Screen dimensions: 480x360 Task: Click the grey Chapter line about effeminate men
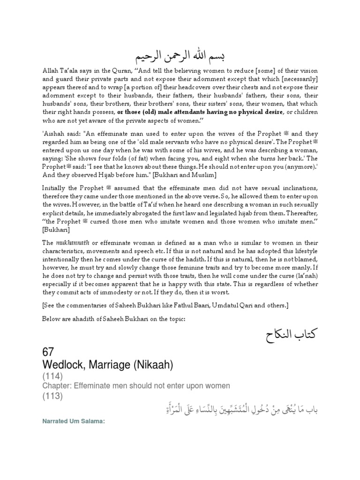(136, 386)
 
